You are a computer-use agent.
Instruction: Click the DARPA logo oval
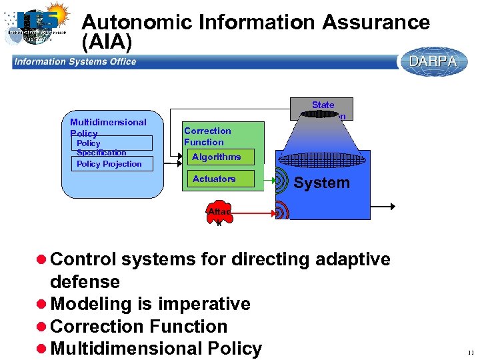[x=433, y=61]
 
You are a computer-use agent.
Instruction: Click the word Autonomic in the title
[x=137, y=23]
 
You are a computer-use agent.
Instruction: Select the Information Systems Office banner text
[x=75, y=62]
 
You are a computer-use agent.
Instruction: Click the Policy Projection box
[x=109, y=164]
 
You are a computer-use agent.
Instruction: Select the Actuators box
[x=214, y=179]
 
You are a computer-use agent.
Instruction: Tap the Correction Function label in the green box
[x=207, y=137]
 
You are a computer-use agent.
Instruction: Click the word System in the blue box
[x=322, y=183]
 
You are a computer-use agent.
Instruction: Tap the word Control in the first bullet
[x=83, y=259]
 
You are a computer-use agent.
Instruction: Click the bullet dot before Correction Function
[x=41, y=327]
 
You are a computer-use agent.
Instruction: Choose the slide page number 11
[x=471, y=351]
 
